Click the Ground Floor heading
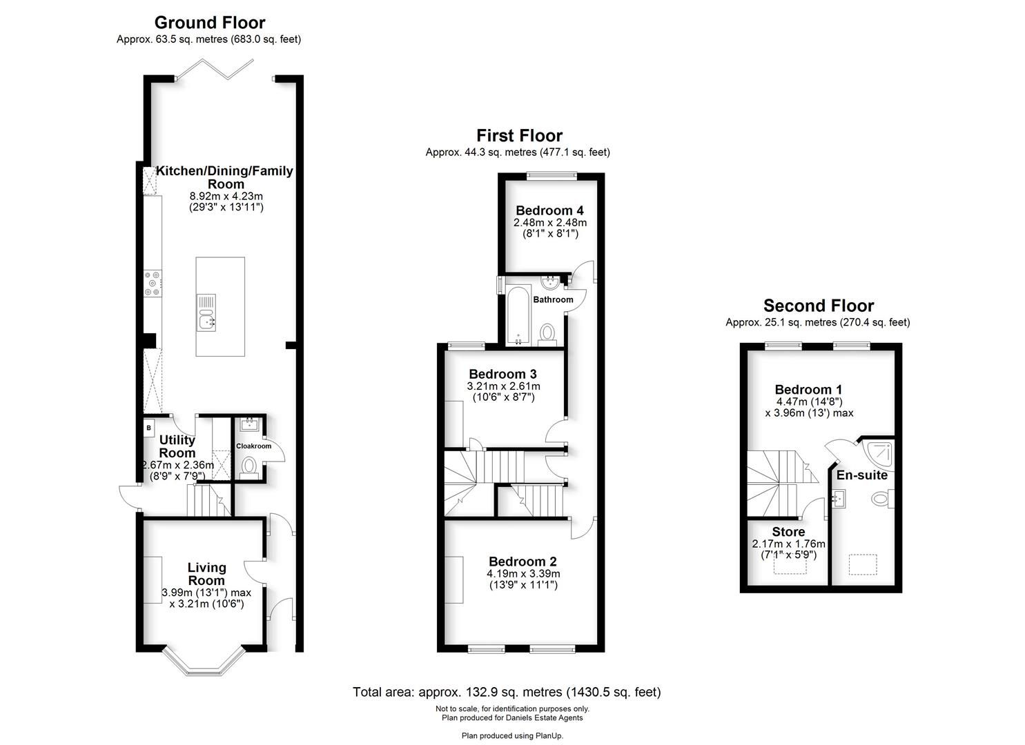click(x=209, y=23)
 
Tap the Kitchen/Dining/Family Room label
click(x=225, y=177)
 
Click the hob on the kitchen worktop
click(x=152, y=284)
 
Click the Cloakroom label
click(x=253, y=446)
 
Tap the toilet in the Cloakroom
click(x=250, y=468)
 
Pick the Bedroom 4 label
click(x=544, y=210)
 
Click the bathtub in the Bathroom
click(x=516, y=316)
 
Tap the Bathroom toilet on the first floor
click(x=547, y=333)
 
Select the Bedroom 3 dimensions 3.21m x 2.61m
click(x=504, y=386)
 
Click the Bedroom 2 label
click(x=523, y=562)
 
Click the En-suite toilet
click(x=881, y=499)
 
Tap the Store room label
click(x=788, y=532)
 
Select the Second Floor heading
click(x=818, y=306)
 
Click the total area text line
click(x=507, y=692)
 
